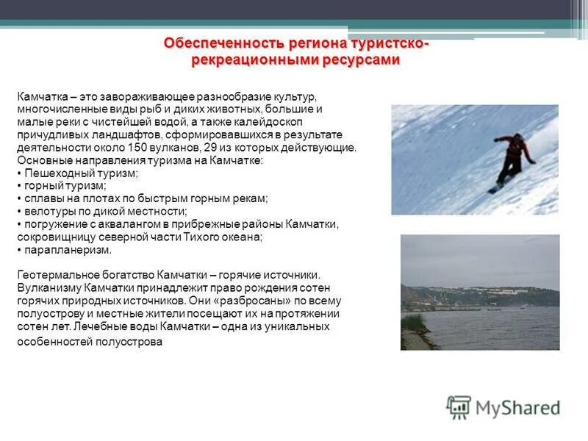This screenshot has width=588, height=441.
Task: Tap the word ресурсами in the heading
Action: pos(361,60)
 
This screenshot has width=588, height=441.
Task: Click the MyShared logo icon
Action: pos(459,406)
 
